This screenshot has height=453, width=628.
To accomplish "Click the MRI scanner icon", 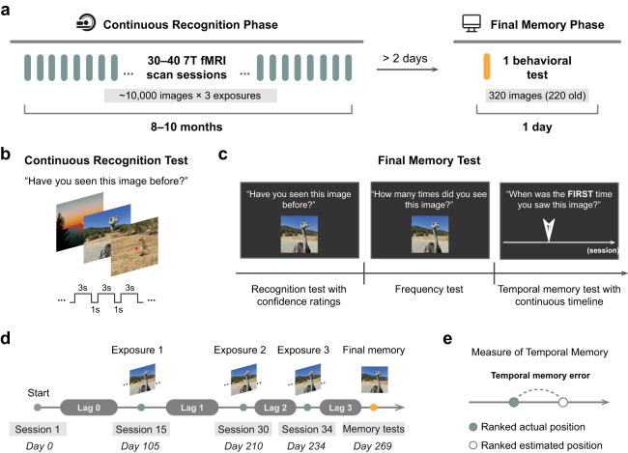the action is (86, 22).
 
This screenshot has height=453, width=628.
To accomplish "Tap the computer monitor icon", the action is (471, 23).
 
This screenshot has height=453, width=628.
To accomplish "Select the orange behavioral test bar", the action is (487, 67).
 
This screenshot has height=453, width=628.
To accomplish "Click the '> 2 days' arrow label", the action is (405, 59).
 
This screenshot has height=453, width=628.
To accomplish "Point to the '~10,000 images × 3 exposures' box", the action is (190, 96).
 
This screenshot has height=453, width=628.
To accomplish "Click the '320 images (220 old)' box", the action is (537, 96).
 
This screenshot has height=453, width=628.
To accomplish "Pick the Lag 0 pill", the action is (89, 408).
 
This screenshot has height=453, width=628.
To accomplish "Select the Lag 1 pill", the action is (192, 408).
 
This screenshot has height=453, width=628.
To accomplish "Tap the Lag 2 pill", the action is (275, 408).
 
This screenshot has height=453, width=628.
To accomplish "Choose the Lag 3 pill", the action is (340, 408).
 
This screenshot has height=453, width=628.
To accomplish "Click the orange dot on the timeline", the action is (373, 408).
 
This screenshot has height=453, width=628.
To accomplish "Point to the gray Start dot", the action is (38, 408).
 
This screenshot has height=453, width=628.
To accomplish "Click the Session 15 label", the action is (141, 430).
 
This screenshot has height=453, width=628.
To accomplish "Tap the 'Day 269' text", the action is (373, 446).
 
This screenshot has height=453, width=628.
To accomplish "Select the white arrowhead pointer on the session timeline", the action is (549, 230).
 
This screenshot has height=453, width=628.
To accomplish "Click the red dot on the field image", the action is (136, 248).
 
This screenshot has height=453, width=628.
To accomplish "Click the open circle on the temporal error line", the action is (563, 402).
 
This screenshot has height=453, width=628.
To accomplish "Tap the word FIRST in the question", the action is (580, 194).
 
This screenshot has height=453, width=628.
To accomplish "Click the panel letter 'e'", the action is (447, 339).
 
